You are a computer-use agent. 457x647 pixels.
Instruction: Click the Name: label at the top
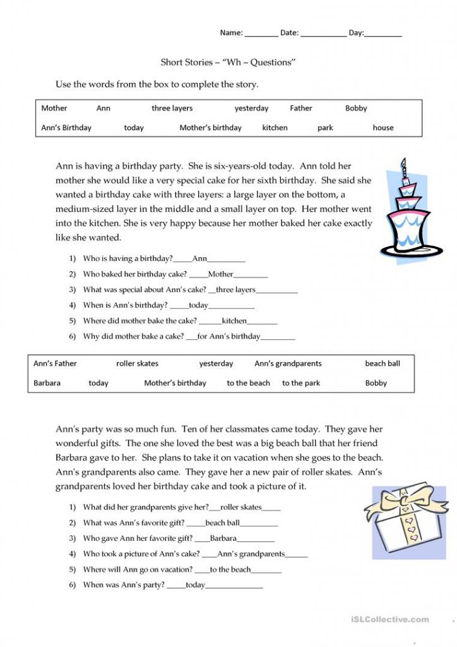tap(231, 33)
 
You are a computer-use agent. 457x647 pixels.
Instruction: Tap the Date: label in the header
tap(289, 33)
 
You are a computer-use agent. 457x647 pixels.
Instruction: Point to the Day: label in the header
tap(356, 33)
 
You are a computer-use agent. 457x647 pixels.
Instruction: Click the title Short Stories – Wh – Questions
tap(228, 63)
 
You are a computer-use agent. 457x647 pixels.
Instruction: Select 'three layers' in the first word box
tap(172, 108)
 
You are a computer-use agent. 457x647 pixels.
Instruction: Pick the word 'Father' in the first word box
tap(301, 108)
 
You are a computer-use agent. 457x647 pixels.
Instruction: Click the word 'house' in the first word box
tap(383, 128)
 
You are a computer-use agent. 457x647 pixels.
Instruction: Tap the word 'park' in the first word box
tap(325, 128)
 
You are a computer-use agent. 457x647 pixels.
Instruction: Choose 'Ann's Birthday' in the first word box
tap(66, 128)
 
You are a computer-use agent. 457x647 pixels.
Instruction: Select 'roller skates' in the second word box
tap(138, 363)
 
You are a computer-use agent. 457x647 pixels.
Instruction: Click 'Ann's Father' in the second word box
tap(55, 363)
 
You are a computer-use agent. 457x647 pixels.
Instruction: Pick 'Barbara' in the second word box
tap(47, 383)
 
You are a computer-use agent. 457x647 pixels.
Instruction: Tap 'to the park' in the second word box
tap(301, 383)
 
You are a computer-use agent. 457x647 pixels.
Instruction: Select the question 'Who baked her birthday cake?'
tap(135, 274)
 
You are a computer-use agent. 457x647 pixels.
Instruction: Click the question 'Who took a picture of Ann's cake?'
tap(141, 554)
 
